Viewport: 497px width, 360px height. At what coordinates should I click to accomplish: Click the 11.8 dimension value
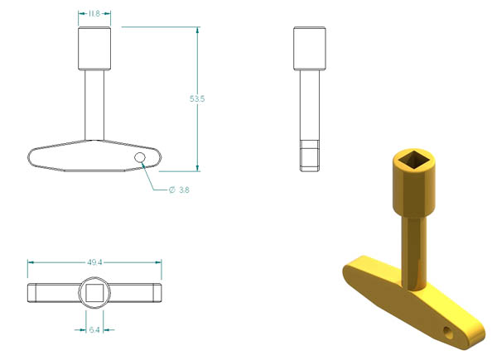tap(94, 13)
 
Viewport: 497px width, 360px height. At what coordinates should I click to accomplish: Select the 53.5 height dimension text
tap(197, 98)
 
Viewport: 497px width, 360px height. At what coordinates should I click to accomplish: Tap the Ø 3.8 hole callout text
tap(180, 190)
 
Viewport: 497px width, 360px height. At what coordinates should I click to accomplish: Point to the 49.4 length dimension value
tap(94, 262)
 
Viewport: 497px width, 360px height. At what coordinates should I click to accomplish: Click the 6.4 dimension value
tap(94, 330)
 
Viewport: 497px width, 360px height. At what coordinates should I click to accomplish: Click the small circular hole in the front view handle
tap(140, 157)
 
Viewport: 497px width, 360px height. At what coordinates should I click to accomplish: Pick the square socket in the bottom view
tap(94, 293)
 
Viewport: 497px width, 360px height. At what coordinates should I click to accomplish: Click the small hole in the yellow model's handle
tap(447, 333)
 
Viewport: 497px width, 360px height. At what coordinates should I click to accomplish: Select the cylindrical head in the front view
tap(94, 49)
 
